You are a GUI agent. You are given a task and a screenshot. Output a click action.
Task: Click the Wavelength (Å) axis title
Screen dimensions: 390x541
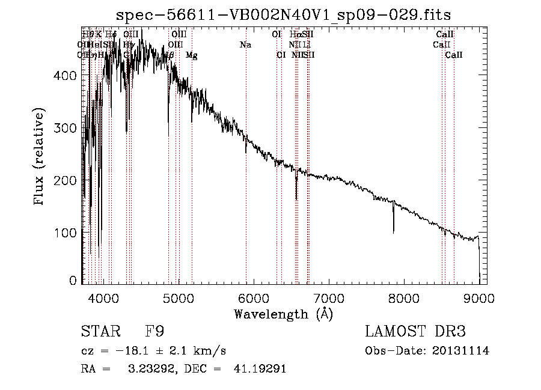click(x=283, y=314)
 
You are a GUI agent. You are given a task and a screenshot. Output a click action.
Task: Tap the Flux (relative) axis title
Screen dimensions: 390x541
click(x=40, y=157)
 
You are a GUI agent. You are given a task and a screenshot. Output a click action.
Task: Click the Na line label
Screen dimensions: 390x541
click(x=245, y=45)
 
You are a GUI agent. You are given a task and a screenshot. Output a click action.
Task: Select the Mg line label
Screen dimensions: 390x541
click(x=192, y=55)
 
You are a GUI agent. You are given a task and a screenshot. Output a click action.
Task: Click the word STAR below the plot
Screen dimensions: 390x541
click(x=98, y=332)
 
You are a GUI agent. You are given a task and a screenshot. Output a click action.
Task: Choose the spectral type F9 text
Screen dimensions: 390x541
click(x=154, y=332)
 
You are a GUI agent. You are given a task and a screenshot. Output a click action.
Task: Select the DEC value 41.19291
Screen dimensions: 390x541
click(x=259, y=369)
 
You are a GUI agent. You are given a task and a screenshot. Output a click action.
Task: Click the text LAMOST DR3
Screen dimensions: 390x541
click(x=415, y=332)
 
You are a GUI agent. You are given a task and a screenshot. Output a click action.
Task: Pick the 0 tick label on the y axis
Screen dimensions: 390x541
click(x=73, y=281)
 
